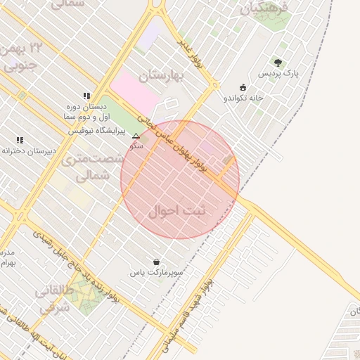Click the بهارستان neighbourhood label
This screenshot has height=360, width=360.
tap(161, 75)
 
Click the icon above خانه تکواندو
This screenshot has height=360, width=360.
tap(243, 87)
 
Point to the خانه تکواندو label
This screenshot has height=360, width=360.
tap(243, 98)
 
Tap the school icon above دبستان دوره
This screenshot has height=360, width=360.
tap(86, 95)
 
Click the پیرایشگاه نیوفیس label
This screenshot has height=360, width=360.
tap(96, 131)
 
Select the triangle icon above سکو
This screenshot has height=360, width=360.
tap(136, 136)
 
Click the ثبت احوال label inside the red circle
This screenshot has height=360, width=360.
tap(179, 210)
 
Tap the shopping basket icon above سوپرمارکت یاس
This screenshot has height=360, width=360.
tap(155, 262)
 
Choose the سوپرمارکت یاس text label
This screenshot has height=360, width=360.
tap(156, 271)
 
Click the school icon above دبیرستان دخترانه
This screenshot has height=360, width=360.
tap(20, 140)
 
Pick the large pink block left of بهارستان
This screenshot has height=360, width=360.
tap(136, 91)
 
